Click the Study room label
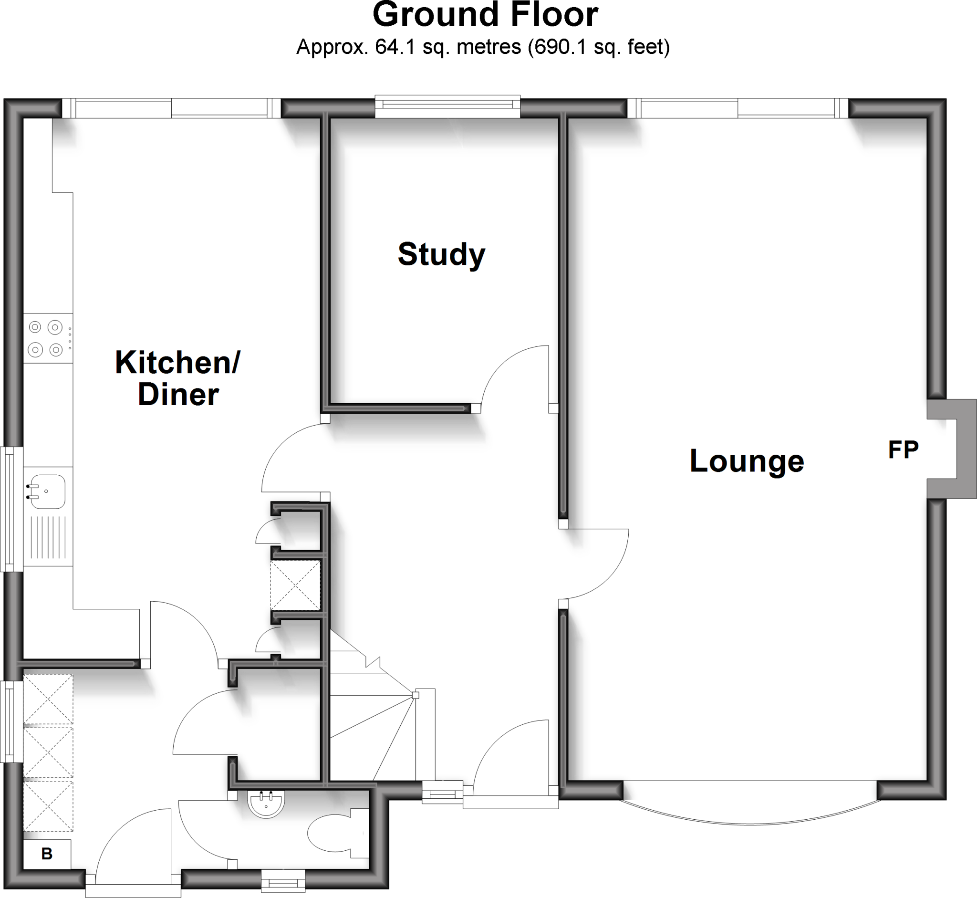click(x=441, y=254)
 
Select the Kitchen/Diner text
click(x=178, y=378)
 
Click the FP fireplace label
click(x=903, y=450)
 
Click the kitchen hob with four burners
click(x=46, y=338)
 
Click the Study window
click(x=447, y=105)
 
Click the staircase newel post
click(x=416, y=695)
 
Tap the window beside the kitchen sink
click(x=10, y=509)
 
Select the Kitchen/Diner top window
click(x=171, y=108)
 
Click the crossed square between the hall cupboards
click(x=295, y=585)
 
